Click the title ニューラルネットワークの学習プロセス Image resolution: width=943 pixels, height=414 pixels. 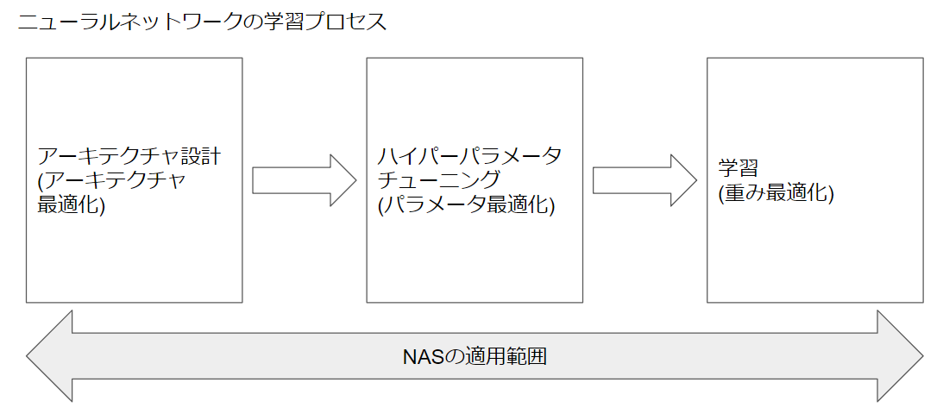coord(202,23)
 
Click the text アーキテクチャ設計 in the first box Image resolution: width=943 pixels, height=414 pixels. coord(129,157)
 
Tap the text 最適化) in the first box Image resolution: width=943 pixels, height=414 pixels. coord(71,206)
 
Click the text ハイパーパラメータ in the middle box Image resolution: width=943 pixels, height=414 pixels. coord(469,157)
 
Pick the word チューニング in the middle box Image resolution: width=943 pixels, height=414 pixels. coord(438,181)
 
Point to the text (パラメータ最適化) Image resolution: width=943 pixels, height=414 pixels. coord(466,206)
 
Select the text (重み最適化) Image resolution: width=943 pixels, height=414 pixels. coord(776,193)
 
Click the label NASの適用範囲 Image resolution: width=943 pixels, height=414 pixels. coord(475,356)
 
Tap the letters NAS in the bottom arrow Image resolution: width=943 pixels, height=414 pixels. coord(423,356)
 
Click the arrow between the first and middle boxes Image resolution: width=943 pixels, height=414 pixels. coord(304,180)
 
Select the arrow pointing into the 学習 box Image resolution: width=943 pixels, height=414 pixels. coord(644,180)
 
